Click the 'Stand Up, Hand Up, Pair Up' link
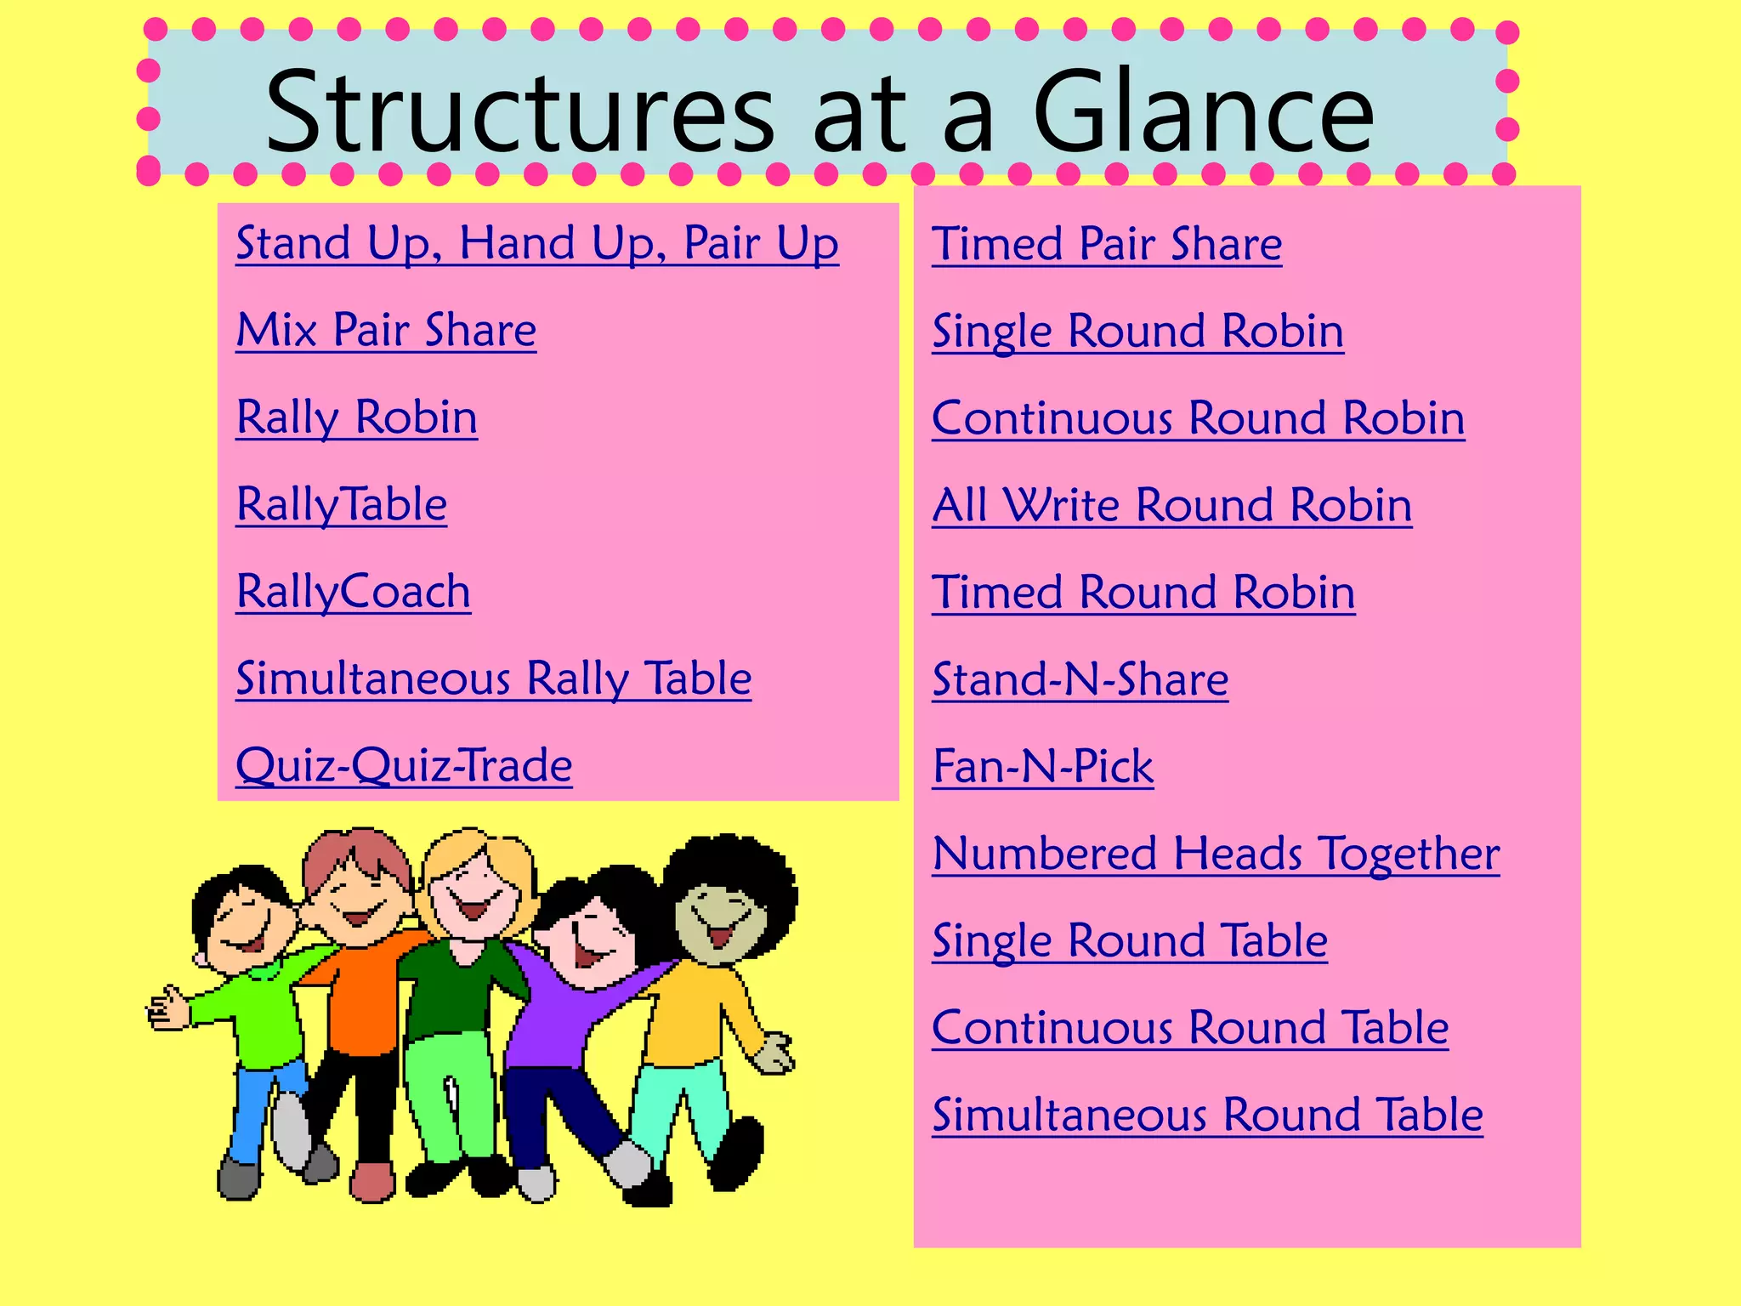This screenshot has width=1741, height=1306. (x=536, y=244)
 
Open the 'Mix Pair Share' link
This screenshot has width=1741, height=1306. (x=386, y=331)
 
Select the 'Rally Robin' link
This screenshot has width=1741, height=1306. (x=356, y=417)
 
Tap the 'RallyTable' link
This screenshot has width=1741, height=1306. (x=341, y=504)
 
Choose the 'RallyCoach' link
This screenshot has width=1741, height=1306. (x=353, y=592)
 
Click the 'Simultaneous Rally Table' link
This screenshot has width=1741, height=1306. (x=493, y=679)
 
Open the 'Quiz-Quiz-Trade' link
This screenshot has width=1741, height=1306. (x=404, y=765)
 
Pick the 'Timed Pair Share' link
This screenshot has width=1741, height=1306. (x=1106, y=244)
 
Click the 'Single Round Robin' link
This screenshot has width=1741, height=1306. (x=1137, y=331)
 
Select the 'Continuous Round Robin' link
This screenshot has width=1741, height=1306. (x=1198, y=418)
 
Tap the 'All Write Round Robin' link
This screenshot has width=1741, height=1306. (x=1171, y=505)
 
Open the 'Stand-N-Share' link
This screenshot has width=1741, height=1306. (x=1080, y=679)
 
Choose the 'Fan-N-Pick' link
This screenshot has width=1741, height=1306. (x=1042, y=766)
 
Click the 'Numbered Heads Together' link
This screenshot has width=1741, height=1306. (x=1216, y=854)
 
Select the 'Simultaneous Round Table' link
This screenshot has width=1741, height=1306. (x=1207, y=1115)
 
